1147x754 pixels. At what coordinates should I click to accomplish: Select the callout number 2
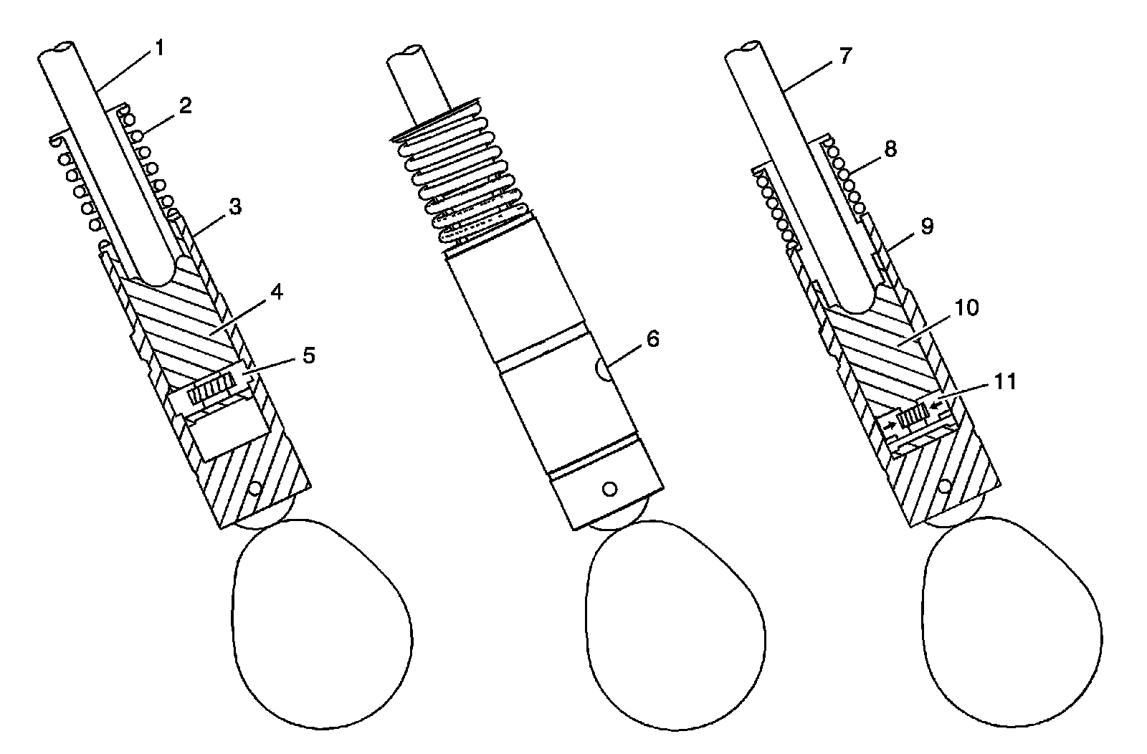point(185,106)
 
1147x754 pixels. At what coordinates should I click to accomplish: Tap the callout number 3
point(234,208)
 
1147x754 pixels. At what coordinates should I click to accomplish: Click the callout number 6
point(652,339)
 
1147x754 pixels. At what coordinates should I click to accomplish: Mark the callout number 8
point(890,148)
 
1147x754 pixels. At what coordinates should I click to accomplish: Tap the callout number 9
point(927,226)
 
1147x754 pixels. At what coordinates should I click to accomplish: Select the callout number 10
point(968,307)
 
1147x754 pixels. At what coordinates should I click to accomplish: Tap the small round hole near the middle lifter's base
point(609,489)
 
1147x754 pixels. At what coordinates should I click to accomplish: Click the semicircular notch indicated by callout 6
point(603,370)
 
